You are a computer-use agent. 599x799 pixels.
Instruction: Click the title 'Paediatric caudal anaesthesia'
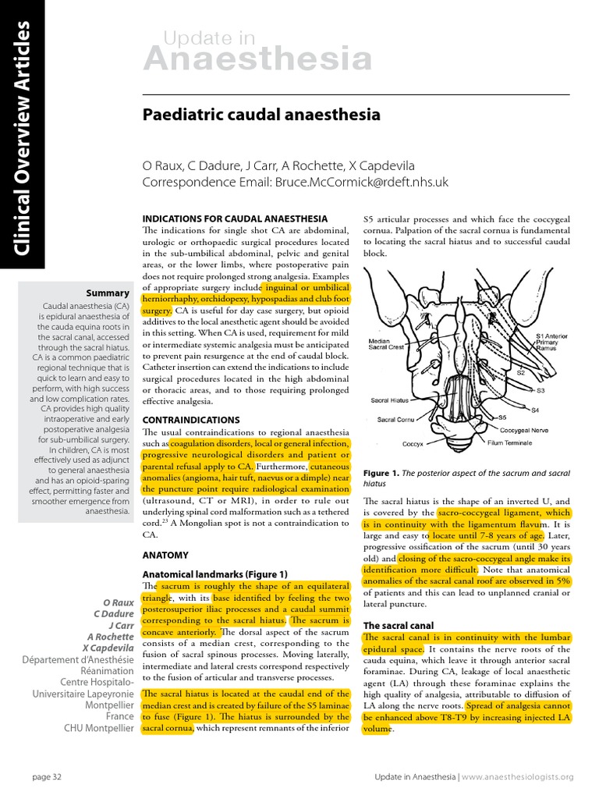(x=261, y=115)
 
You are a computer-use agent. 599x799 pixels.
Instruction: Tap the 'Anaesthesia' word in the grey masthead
(x=257, y=59)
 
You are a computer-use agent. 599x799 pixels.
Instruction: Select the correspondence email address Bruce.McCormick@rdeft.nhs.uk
(x=361, y=182)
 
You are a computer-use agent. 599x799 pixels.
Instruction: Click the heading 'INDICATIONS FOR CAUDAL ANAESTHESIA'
(x=235, y=218)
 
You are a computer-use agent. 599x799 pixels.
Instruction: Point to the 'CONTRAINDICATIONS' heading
(x=190, y=420)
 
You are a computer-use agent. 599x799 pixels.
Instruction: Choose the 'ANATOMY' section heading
(x=165, y=556)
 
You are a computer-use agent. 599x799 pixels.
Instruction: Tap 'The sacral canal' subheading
(x=398, y=626)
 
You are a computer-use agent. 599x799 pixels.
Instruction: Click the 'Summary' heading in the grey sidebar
(x=107, y=293)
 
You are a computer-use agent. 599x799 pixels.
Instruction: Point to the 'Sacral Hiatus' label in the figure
(x=391, y=400)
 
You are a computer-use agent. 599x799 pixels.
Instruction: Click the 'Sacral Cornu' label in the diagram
(x=396, y=419)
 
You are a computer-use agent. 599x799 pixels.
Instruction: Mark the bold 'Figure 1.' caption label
(x=381, y=474)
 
